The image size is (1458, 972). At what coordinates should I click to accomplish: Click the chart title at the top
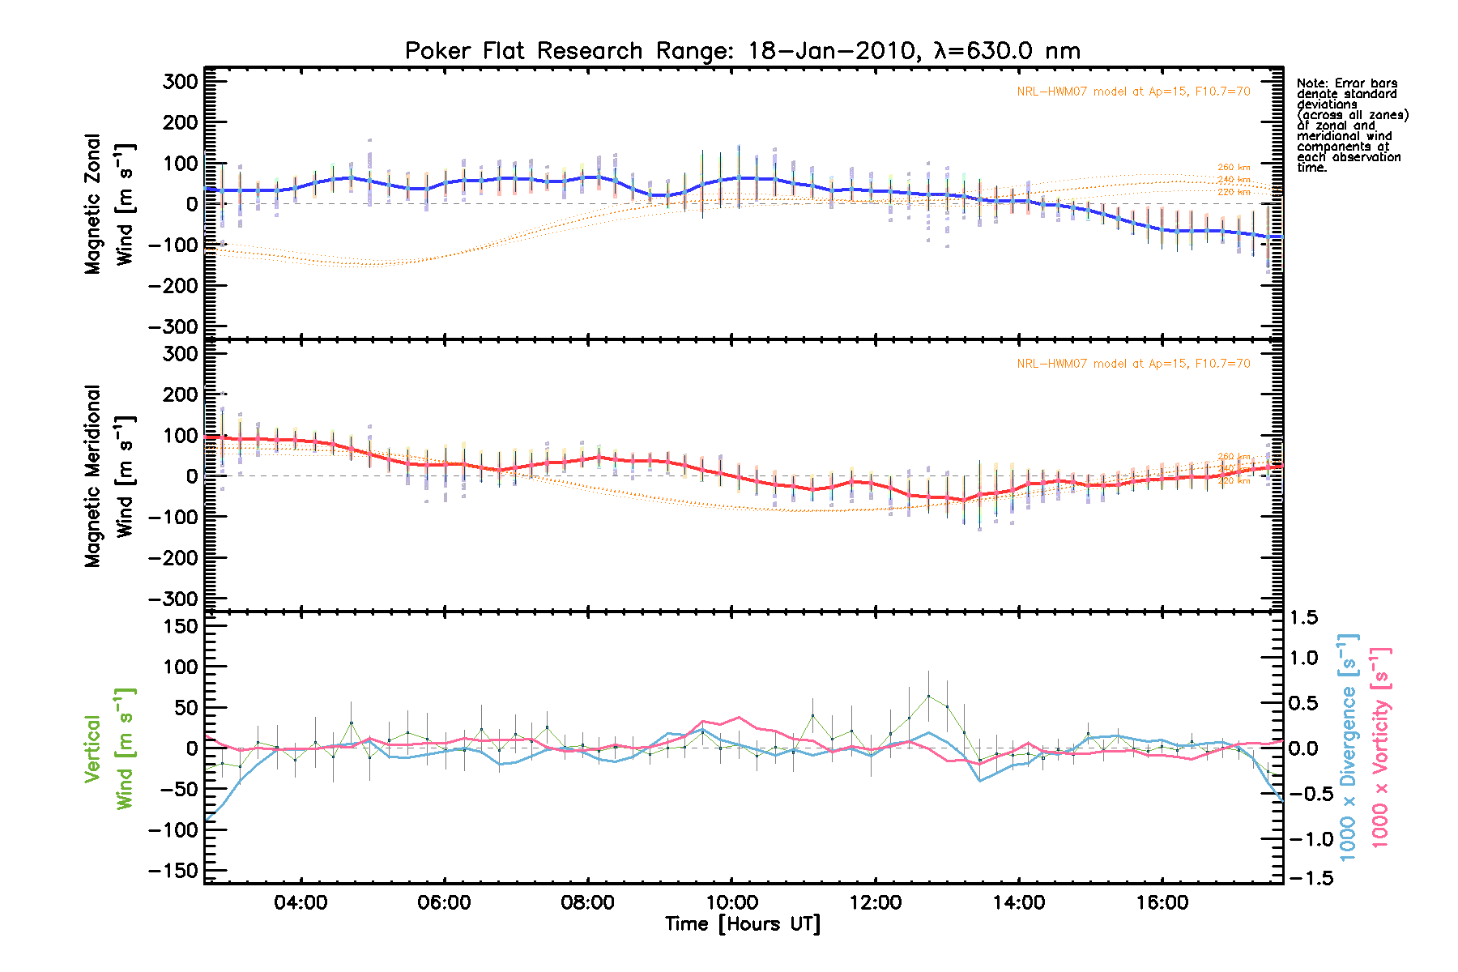742,51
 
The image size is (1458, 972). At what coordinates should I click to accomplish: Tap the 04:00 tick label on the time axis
301,902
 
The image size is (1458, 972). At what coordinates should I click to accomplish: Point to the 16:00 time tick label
1162,902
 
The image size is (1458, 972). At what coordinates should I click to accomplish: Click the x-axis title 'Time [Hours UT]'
742,924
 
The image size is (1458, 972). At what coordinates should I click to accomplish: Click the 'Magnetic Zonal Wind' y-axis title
109,204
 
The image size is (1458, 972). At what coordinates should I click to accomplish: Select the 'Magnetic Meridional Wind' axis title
109,476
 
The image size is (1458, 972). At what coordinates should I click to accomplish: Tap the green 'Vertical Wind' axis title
109,748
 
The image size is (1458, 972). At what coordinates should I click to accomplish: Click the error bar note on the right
1352,126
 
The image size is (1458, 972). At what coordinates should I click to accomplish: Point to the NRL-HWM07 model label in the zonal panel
1133,92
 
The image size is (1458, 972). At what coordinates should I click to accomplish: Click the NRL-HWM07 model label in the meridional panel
1133,364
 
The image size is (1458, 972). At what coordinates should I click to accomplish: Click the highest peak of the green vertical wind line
928,696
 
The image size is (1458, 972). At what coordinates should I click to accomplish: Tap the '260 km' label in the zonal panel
1234,168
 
